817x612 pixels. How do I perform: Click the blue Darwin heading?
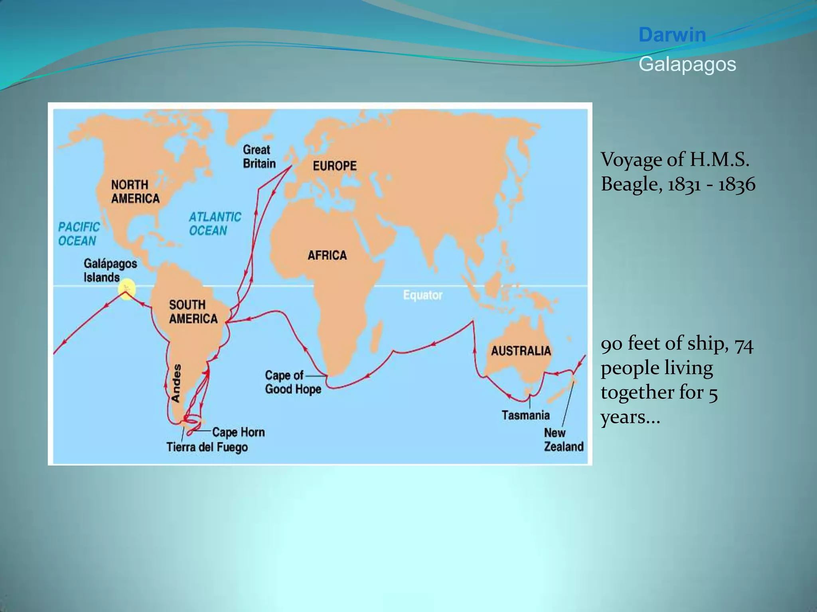point(672,35)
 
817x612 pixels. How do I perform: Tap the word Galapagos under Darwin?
point(687,64)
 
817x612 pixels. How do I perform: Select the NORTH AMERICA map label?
point(135,192)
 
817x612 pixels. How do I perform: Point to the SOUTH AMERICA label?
point(193,312)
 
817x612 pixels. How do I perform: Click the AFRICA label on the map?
point(327,255)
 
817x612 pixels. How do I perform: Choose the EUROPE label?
point(334,166)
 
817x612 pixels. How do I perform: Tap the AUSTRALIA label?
point(521,351)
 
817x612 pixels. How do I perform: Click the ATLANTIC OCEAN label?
point(215,224)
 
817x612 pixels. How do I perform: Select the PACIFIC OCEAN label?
point(79,234)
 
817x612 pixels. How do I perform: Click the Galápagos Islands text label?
point(110,270)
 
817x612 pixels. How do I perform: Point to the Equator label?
point(423,295)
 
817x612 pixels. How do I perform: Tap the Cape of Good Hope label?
point(292,382)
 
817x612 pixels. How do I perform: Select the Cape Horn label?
point(238,432)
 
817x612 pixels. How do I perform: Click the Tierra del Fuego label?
point(207,447)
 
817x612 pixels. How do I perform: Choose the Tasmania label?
point(525,415)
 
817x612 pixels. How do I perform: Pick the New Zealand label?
point(563,439)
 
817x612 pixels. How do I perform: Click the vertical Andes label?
point(176,382)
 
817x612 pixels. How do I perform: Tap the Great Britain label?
point(259,157)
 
